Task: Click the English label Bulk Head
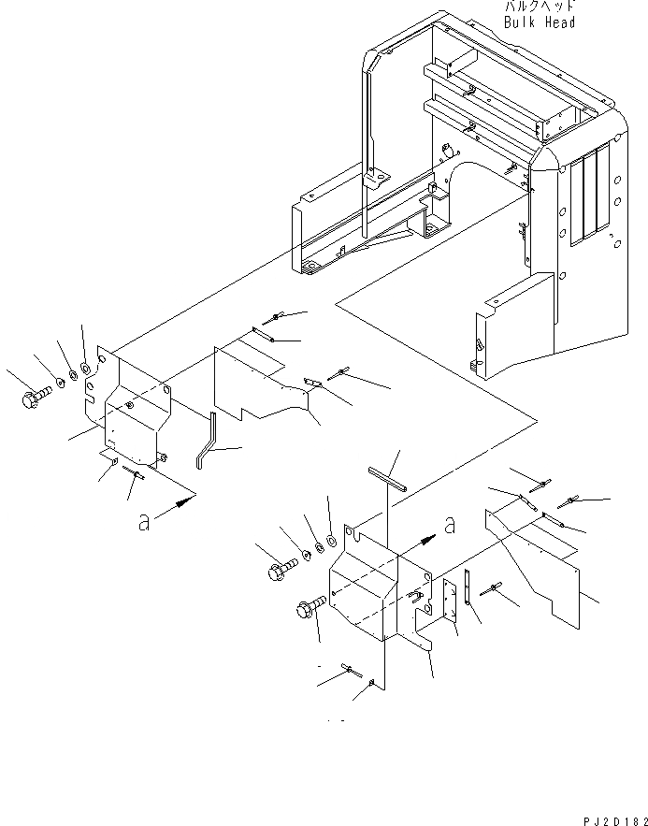(x=539, y=22)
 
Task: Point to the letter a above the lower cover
(x=450, y=526)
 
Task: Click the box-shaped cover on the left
(x=134, y=413)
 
